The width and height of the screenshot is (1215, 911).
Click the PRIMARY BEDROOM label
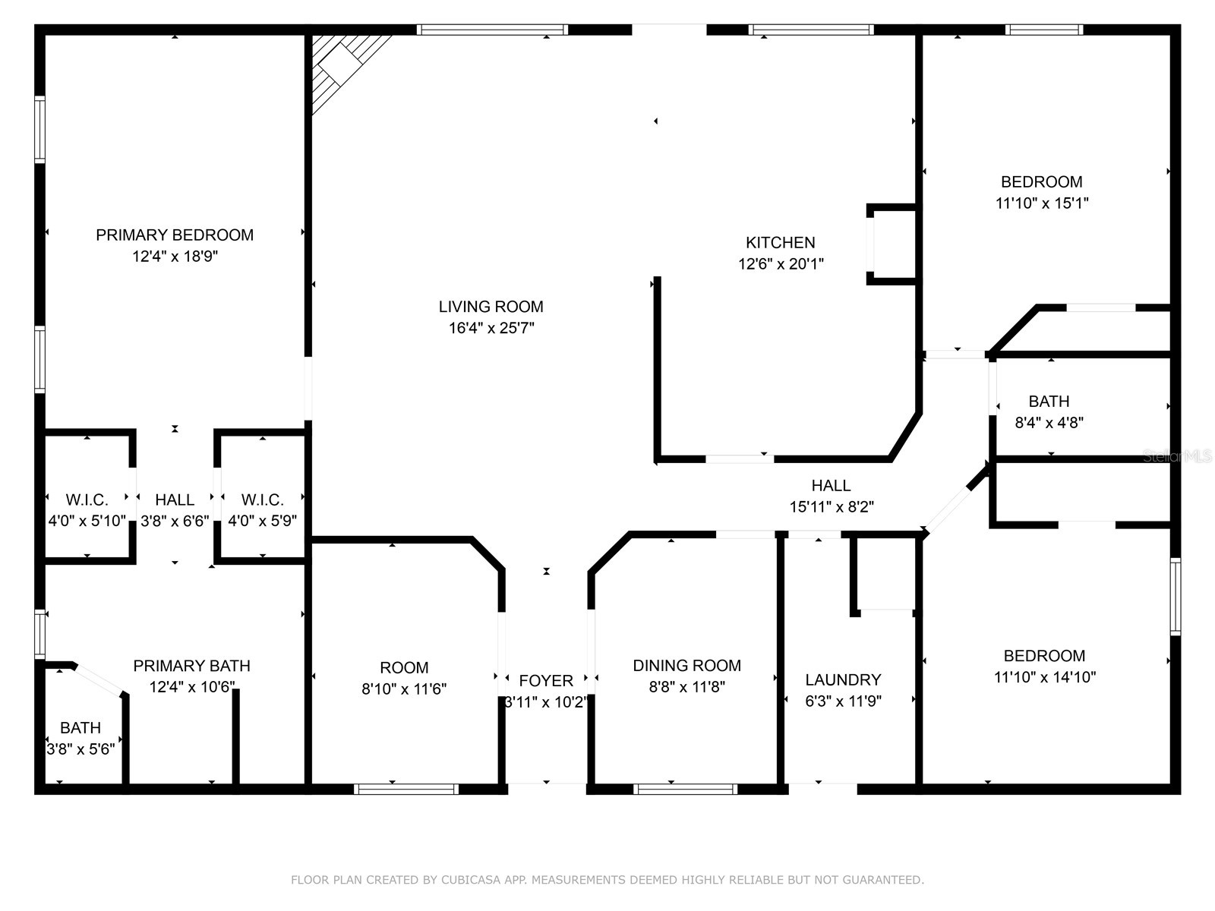175,235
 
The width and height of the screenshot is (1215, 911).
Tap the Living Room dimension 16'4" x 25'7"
491,328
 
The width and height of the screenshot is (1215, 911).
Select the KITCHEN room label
780,243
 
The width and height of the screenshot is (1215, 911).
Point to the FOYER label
545,681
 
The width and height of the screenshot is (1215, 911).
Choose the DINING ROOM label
686,666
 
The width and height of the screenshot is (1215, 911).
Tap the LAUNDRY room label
843,680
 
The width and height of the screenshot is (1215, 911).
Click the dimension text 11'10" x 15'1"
1042,203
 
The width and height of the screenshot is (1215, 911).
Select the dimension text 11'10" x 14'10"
1044,677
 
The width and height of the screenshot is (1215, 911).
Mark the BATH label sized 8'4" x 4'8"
1049,402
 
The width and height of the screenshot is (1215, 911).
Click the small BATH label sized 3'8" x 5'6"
80,728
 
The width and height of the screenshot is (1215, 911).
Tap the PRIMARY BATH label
191,666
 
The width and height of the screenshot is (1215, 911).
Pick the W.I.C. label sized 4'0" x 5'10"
87,500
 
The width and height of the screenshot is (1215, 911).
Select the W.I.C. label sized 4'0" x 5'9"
262,500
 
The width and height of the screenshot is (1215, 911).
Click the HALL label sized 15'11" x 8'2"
831,486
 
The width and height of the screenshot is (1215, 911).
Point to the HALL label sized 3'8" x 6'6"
175,500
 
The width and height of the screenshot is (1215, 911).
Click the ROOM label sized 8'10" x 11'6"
404,668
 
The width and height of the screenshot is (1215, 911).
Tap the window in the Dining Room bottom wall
686,790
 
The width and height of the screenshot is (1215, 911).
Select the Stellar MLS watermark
1177,456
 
